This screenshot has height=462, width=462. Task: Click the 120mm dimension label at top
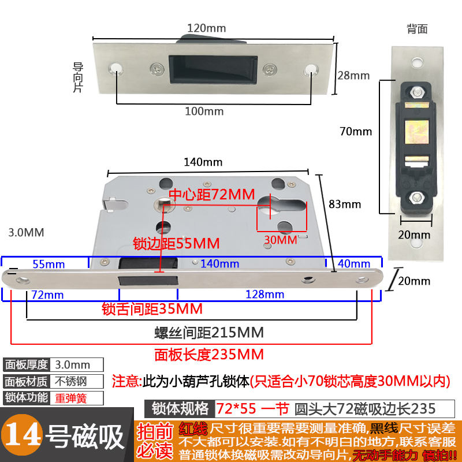coord(206,28)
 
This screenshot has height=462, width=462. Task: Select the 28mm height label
coord(353,75)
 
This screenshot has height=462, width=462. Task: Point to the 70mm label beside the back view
coord(356,131)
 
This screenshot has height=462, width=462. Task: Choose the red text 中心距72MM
coord(211,195)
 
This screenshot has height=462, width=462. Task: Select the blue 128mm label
coord(266,295)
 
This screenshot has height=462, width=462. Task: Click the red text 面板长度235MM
coord(209,354)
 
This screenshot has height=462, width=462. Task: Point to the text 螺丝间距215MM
coord(208,333)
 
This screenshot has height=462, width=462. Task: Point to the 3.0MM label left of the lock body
coord(27,233)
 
